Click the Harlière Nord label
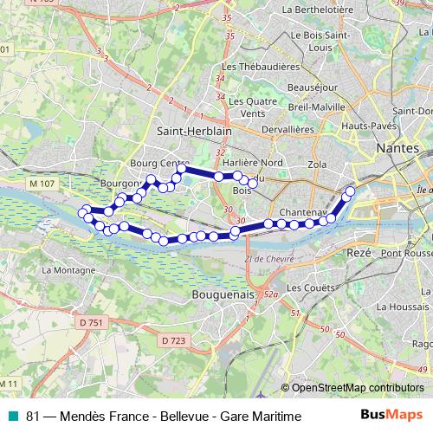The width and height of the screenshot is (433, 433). click(x=253, y=162)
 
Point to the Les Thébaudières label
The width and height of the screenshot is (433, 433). click(x=261, y=66)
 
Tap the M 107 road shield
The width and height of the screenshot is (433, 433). click(x=42, y=184)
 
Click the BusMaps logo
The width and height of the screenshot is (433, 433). click(x=397, y=417)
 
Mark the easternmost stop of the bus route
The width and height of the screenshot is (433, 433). click(x=351, y=191)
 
